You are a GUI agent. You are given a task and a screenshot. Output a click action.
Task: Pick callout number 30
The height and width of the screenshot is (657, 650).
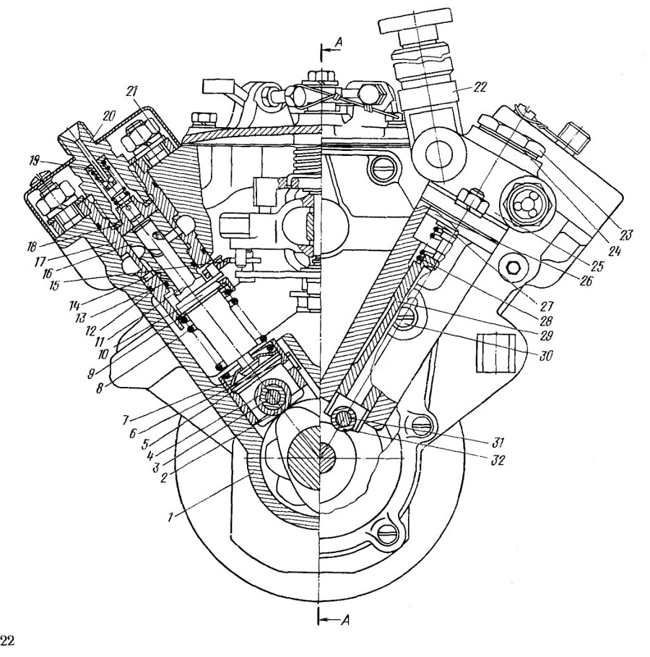(x=546, y=356)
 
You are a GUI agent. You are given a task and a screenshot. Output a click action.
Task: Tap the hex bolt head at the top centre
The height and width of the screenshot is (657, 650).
(x=320, y=77)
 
